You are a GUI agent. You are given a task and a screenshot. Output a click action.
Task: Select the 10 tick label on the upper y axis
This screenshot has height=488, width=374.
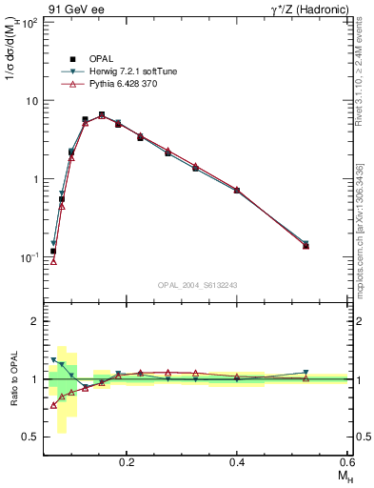30,101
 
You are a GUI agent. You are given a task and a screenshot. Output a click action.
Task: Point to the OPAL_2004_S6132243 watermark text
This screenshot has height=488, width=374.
198,285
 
